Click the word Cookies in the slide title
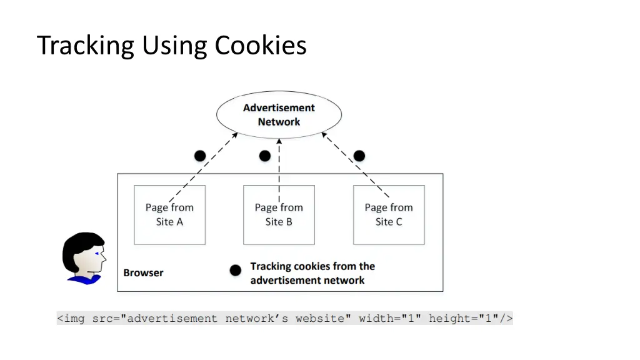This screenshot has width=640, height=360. click(261, 46)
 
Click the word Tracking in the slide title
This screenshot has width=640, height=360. click(86, 46)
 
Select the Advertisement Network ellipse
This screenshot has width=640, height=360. click(279, 115)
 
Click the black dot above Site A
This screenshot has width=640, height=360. click(199, 156)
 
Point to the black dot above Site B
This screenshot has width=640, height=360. click(265, 156)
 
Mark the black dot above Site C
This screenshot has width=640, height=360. click(359, 156)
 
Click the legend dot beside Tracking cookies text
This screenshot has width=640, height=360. click(235, 271)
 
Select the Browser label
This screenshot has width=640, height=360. click(143, 272)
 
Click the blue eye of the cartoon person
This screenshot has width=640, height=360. click(97, 253)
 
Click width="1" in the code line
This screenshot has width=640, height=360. click(390, 319)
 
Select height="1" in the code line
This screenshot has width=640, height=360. click(463, 319)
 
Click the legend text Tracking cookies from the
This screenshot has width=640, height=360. click(312, 266)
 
